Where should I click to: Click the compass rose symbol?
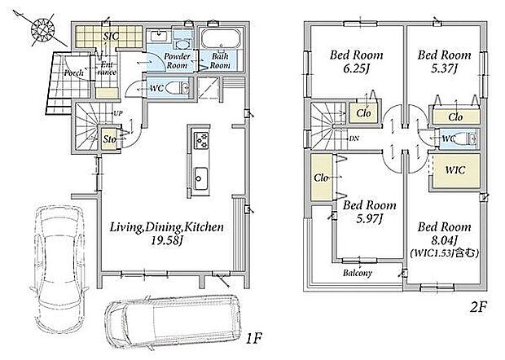(43, 30)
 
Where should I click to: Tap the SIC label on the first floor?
(111, 36)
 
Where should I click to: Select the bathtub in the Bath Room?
(221, 40)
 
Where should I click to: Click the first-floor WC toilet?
(180, 87)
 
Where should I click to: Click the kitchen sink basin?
(201, 178)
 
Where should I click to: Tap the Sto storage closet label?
(110, 140)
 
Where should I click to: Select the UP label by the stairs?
(118, 113)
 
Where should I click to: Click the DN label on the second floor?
(354, 138)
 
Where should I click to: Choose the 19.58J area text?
(166, 241)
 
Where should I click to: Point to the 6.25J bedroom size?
(356, 69)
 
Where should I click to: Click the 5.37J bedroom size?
(445, 68)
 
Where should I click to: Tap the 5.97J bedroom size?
(370, 219)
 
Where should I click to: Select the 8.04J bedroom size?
(445, 240)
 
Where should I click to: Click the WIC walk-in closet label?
(455, 169)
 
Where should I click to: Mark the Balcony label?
(358, 274)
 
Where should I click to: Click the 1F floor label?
(254, 339)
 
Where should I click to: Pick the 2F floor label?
(477, 307)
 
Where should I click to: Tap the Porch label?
(73, 73)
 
